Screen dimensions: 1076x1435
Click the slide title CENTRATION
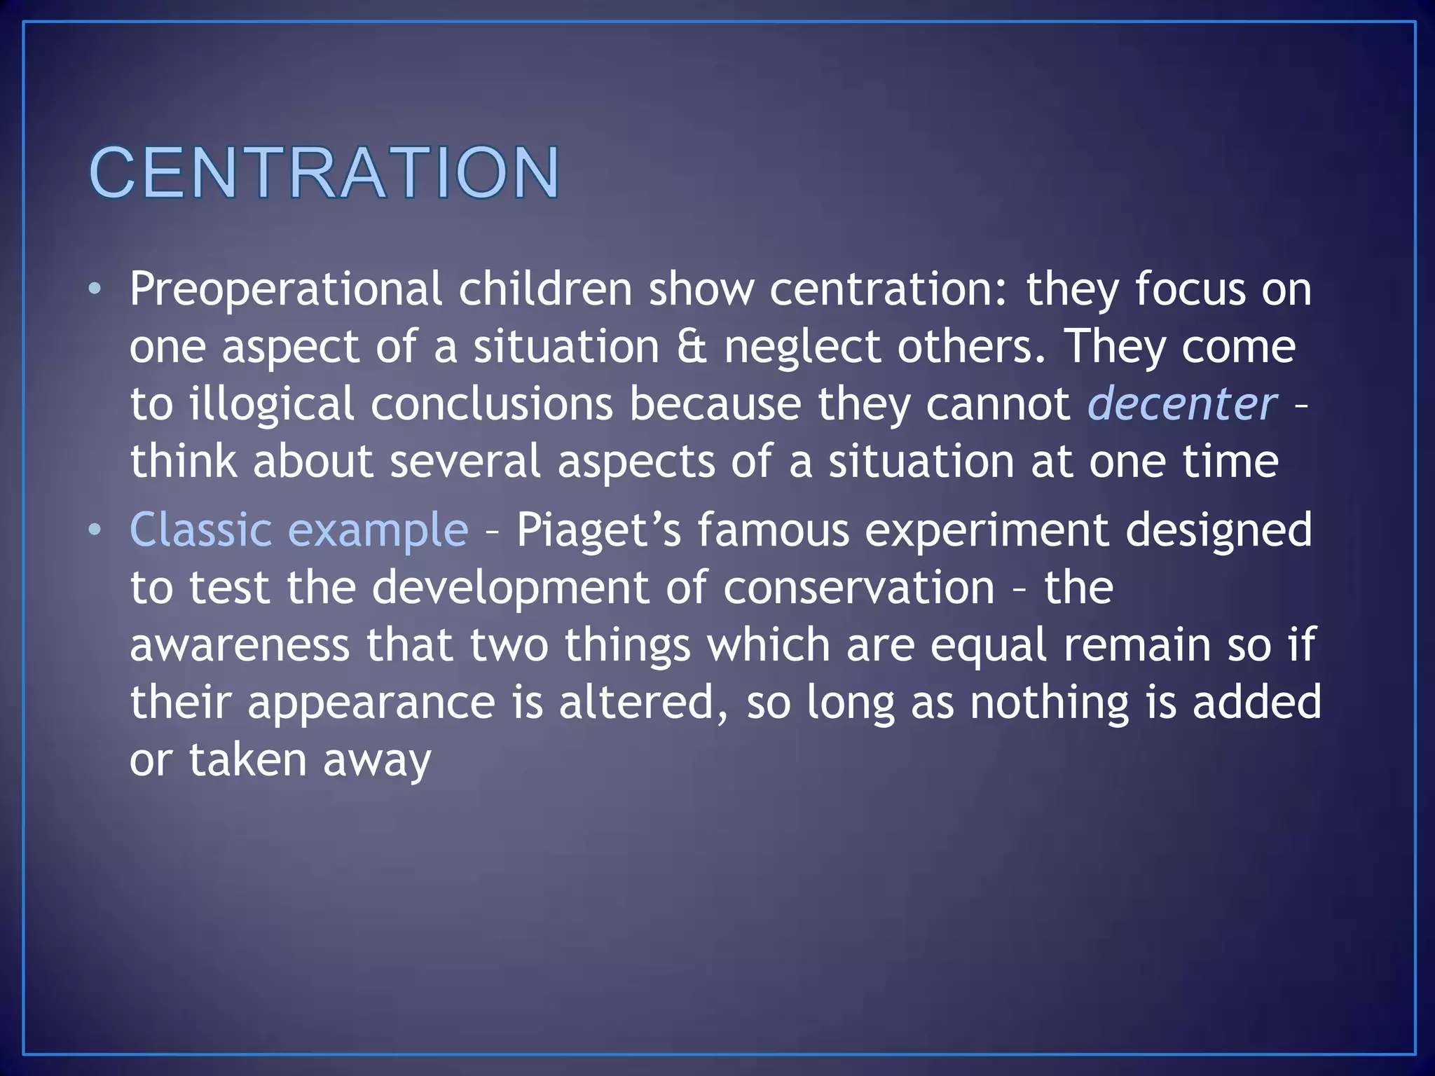point(324,172)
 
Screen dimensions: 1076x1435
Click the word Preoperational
point(285,289)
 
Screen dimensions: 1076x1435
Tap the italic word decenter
point(1182,404)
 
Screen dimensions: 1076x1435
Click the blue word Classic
point(200,529)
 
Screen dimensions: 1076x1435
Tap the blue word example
point(378,530)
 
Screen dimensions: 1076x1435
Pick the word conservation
point(858,587)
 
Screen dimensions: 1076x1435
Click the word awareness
point(239,644)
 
